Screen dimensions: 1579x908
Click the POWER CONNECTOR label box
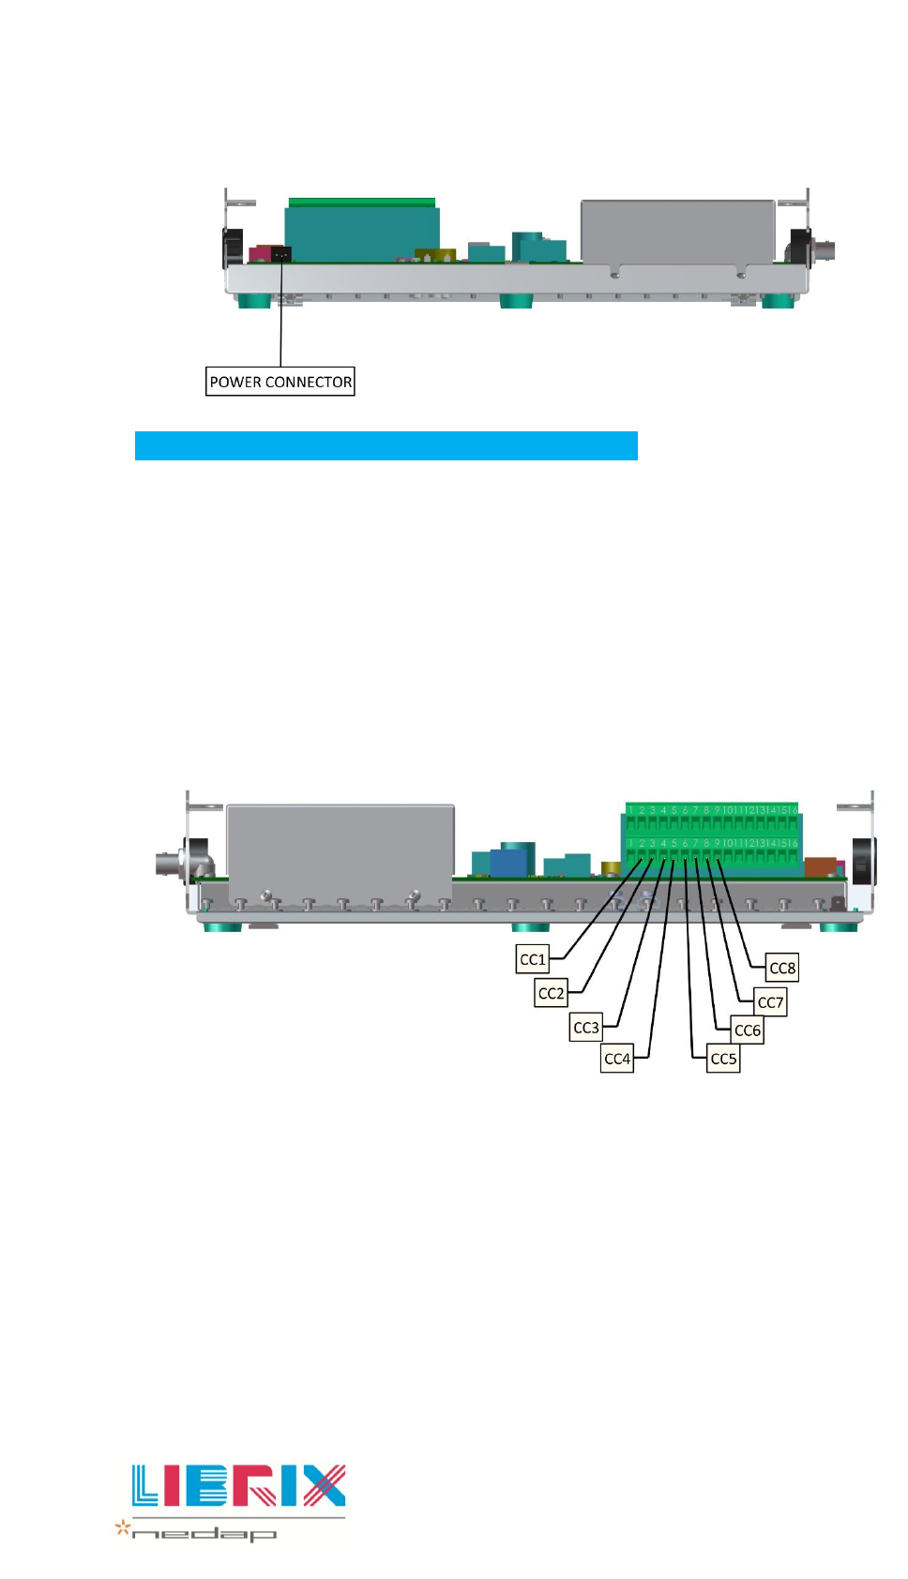pyautogui.click(x=280, y=382)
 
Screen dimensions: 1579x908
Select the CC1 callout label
pyautogui.click(x=533, y=959)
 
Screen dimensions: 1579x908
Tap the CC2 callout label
pyautogui.click(x=551, y=993)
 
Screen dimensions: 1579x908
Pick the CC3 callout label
pyautogui.click(x=586, y=1028)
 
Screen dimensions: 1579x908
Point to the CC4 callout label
pyautogui.click(x=617, y=1059)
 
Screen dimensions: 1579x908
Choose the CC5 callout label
pyautogui.click(x=723, y=1059)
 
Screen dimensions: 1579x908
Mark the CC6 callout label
pyautogui.click(x=748, y=1030)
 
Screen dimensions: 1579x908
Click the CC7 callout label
pyautogui.click(x=770, y=1002)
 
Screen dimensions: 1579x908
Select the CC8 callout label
pyautogui.click(x=782, y=968)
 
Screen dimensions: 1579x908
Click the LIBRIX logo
pyautogui.click(x=239, y=1485)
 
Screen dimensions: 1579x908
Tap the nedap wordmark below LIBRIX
pyautogui.click(x=204, y=1534)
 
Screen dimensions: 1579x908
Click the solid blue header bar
pyautogui.click(x=386, y=445)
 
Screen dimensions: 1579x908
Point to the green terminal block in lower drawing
pyautogui.click(x=712, y=838)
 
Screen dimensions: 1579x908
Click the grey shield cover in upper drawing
pyautogui.click(x=677, y=232)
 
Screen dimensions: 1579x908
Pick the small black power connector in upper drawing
pyautogui.click(x=280, y=253)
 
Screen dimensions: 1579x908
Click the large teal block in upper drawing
pyautogui.click(x=361, y=233)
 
